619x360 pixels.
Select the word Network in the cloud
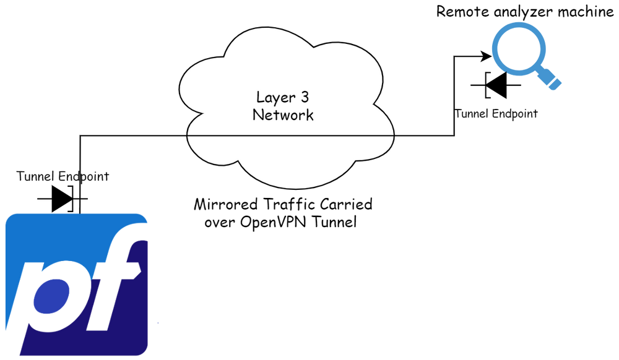click(x=283, y=115)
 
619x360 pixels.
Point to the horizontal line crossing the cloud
click(x=290, y=135)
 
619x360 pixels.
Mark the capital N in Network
click(x=258, y=115)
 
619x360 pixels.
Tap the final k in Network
click(x=309, y=115)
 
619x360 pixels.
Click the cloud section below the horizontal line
click(x=290, y=158)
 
